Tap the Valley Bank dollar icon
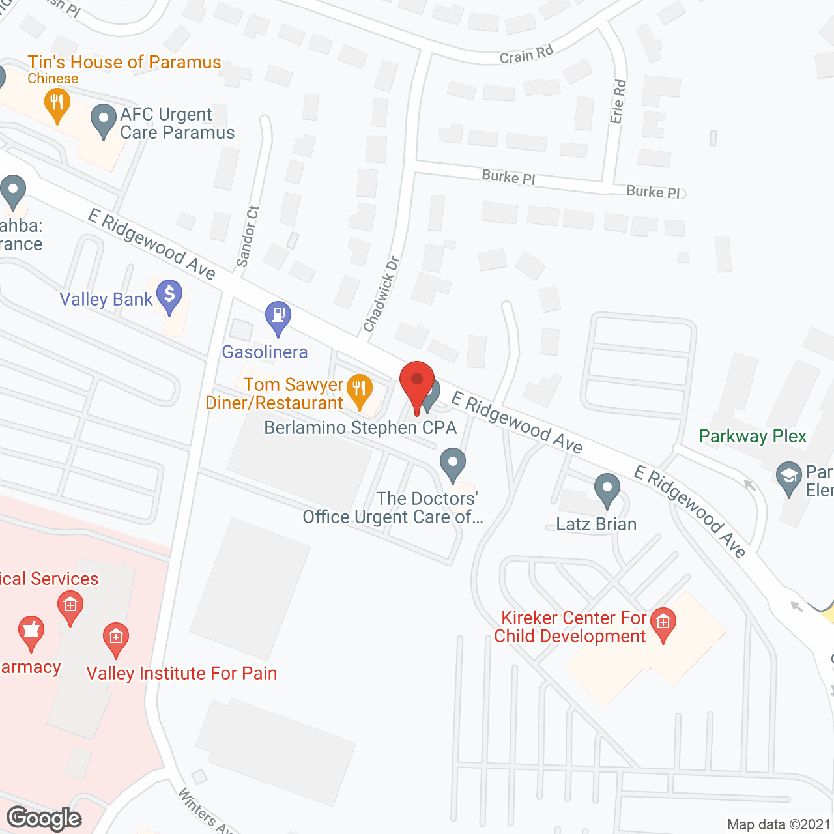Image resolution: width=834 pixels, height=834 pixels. tap(169, 296)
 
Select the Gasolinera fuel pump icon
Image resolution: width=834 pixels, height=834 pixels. tap(278, 317)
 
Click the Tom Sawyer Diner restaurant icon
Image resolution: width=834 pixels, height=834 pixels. tap(358, 391)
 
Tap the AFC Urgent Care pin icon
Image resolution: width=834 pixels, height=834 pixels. tap(103, 121)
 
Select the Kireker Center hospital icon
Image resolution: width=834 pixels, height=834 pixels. tap(663, 624)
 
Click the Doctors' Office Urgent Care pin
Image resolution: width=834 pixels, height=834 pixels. tap(453, 464)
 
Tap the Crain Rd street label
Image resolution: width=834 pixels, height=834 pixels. tap(526, 55)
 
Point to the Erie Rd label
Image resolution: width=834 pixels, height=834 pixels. tap(618, 102)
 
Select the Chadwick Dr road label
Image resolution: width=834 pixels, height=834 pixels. tap(382, 294)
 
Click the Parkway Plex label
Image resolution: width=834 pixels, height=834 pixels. tap(753, 436)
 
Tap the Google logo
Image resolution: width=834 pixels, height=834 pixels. tap(44, 818)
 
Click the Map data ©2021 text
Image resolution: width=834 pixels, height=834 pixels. tap(779, 824)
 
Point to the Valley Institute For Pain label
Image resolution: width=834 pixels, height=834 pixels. tap(182, 673)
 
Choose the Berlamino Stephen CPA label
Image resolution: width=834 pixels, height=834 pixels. tap(360, 427)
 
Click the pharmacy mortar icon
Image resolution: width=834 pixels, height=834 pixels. tap(31, 632)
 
